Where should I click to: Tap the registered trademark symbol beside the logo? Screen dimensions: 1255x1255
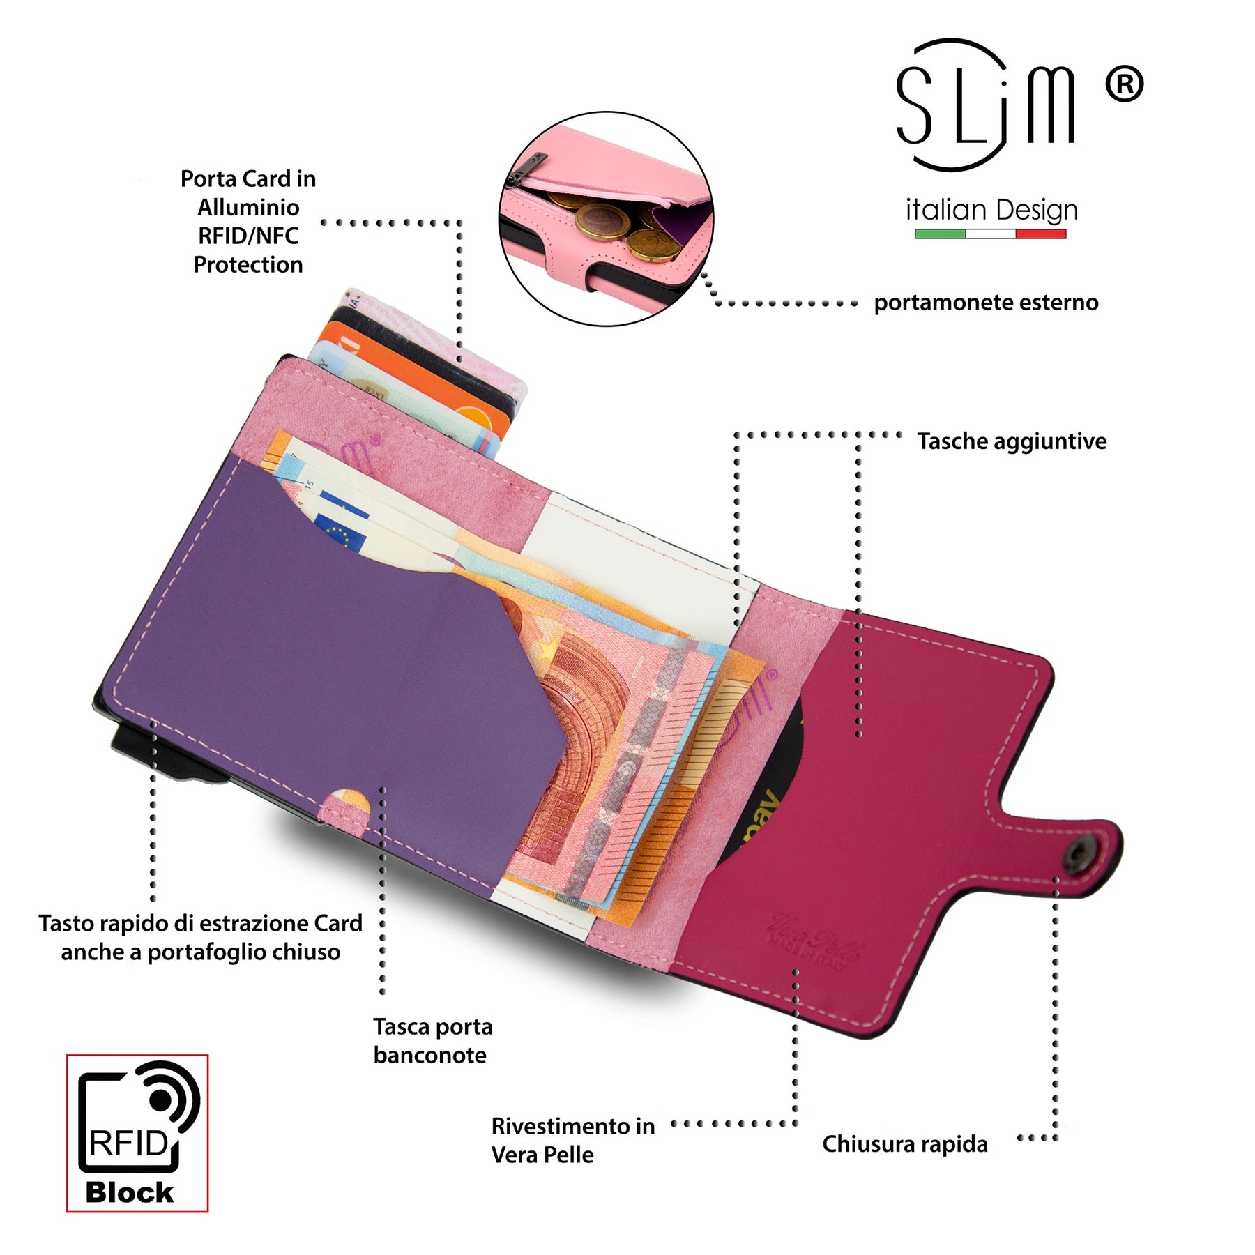tap(1124, 84)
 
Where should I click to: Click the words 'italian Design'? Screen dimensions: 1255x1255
tap(991, 210)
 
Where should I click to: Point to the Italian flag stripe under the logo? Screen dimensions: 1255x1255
tap(990, 234)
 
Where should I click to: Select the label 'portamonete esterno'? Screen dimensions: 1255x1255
tap(986, 303)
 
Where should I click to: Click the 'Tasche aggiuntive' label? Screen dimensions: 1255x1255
tap(1011, 441)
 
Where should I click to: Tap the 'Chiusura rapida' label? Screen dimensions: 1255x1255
tap(904, 1144)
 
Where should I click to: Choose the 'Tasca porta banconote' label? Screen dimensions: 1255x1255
tap(432, 1041)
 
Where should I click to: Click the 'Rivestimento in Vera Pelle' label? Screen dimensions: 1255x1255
tap(572, 1140)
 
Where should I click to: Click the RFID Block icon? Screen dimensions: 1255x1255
tap(137, 1132)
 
